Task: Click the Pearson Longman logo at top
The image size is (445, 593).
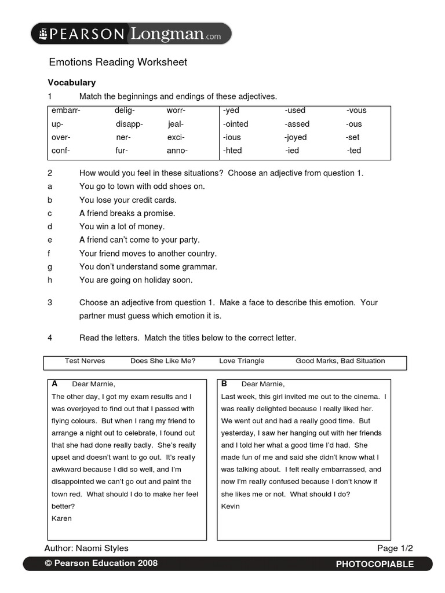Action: (131, 34)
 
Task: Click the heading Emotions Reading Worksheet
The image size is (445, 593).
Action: (118, 62)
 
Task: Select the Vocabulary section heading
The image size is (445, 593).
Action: (71, 83)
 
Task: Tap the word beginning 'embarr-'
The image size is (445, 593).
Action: (65, 111)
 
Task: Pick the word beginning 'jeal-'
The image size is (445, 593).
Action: (176, 124)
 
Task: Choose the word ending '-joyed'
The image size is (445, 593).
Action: (296, 137)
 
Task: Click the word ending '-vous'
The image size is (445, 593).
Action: (356, 111)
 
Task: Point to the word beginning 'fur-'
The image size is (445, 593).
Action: (122, 151)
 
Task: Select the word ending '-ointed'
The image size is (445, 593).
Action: (235, 124)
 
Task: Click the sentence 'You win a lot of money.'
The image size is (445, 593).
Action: (122, 226)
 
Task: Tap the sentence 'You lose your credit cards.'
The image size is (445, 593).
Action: (127, 200)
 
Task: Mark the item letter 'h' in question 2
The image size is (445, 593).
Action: (50, 280)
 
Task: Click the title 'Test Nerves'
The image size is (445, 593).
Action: (85, 361)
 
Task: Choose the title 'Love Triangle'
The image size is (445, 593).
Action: (242, 361)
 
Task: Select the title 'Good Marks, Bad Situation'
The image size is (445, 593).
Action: (340, 361)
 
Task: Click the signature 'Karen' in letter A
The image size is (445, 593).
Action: (61, 518)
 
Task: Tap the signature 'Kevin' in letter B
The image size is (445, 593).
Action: (231, 506)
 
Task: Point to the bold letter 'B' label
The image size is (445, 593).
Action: (224, 383)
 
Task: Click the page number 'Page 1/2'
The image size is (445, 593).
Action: (395, 548)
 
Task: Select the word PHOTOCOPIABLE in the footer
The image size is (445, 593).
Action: (375, 564)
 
